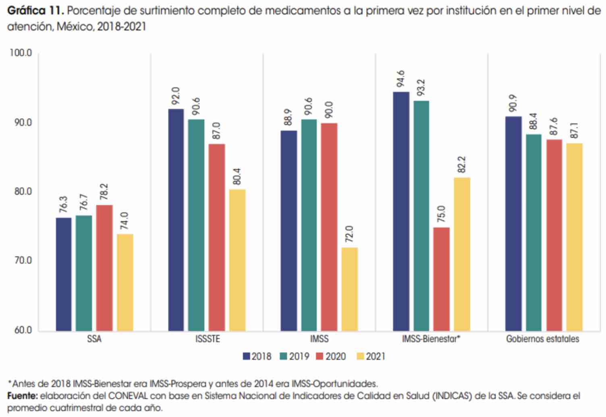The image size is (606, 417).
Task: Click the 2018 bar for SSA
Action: (x=64, y=275)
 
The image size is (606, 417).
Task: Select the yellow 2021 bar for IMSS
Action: (x=349, y=289)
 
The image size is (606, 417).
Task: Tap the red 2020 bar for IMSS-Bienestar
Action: (x=441, y=279)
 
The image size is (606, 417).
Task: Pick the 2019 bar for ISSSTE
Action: (x=196, y=225)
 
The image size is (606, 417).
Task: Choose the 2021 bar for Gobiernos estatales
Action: (x=574, y=237)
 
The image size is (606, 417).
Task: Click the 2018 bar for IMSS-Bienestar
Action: (x=401, y=212)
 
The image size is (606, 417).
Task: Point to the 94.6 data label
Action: (x=401, y=79)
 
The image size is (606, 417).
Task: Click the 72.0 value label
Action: (x=349, y=234)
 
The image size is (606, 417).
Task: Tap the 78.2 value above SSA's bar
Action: (x=104, y=192)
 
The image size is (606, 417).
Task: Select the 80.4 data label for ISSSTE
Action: (x=237, y=176)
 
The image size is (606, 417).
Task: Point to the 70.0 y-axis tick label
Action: (x=23, y=261)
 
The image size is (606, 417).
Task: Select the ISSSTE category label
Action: (x=208, y=339)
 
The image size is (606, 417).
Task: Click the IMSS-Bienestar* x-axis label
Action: (x=431, y=339)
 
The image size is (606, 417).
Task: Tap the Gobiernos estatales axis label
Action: (x=542, y=339)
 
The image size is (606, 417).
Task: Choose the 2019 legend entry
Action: (x=295, y=357)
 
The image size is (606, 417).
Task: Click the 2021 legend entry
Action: (x=371, y=357)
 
